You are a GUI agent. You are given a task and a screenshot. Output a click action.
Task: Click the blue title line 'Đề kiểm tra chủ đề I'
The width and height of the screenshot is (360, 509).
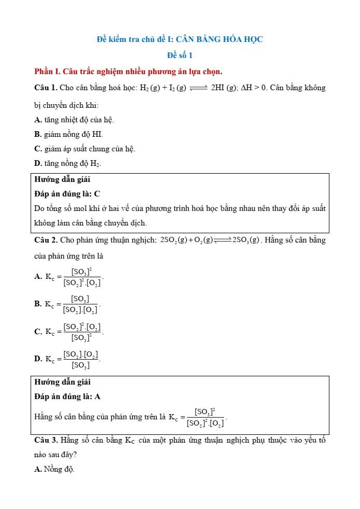[x=180, y=39]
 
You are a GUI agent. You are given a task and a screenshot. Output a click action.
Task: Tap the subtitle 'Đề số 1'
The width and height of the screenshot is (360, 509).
[x=180, y=55]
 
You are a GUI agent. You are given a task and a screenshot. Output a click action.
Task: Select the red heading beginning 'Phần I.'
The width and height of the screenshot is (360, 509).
[x=128, y=71]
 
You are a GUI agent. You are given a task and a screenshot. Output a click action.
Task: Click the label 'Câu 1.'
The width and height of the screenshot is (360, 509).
[x=46, y=88]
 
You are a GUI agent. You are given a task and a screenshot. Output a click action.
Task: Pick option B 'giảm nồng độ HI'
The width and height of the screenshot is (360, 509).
[x=68, y=134]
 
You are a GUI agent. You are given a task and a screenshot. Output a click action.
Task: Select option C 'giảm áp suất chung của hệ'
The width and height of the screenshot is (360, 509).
[x=85, y=149]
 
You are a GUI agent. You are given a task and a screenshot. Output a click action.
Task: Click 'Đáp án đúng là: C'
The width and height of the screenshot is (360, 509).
[x=67, y=194]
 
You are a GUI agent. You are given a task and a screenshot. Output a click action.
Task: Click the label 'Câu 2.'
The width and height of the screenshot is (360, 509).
[x=46, y=240]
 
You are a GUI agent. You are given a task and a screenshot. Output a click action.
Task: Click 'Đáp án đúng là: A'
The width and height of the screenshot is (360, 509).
[x=67, y=397]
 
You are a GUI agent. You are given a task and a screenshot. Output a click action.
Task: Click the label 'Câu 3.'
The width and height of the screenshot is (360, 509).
[x=46, y=441]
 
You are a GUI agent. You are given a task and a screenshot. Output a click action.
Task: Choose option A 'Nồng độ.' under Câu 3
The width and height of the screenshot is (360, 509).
[x=54, y=470]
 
